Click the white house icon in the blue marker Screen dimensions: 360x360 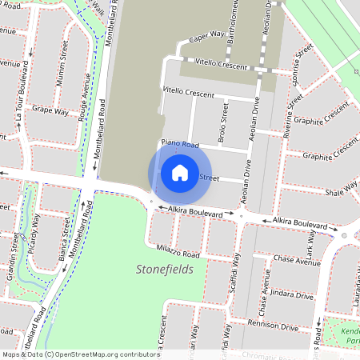(x=180, y=172)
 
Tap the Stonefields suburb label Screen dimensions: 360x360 (x=165, y=270)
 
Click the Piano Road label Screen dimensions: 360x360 (x=179, y=144)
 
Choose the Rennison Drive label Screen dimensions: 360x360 (x=273, y=325)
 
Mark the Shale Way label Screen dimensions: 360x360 (x=341, y=190)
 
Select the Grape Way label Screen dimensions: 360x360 (x=52, y=110)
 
